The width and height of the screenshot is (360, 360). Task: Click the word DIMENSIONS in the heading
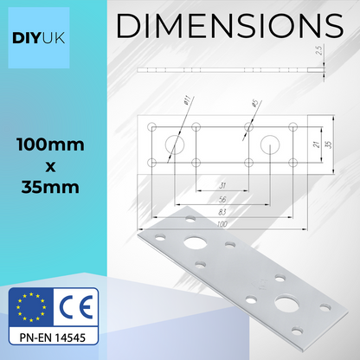click(228, 26)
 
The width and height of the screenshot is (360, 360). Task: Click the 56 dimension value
click(198, 198)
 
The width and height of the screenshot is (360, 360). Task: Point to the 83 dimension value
click(200, 211)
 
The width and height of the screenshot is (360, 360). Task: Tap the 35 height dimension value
click(327, 144)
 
